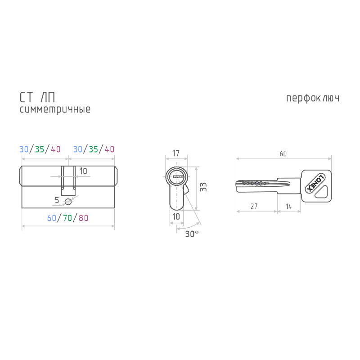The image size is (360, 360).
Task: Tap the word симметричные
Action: pyautogui.click(x=55, y=109)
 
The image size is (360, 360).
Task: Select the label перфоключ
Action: pyautogui.click(x=312, y=98)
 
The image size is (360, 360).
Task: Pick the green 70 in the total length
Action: pyautogui.click(x=67, y=218)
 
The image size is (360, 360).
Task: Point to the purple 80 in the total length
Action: pyautogui.click(x=83, y=218)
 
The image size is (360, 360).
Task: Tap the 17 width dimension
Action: pyautogui.click(x=176, y=153)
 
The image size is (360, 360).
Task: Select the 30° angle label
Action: pyautogui.click(x=192, y=234)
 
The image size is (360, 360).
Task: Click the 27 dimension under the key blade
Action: pyautogui.click(x=254, y=207)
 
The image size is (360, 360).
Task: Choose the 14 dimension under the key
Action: pyautogui.click(x=288, y=207)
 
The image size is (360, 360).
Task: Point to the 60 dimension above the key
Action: pyautogui.click(x=283, y=154)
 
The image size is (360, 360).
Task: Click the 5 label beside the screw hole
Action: pyautogui.click(x=57, y=199)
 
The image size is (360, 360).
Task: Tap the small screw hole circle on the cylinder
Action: pyautogui.click(x=68, y=201)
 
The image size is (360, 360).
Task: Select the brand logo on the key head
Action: pyautogui.click(x=315, y=182)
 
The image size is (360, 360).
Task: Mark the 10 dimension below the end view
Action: pyautogui.click(x=176, y=216)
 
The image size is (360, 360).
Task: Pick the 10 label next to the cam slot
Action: pyautogui.click(x=83, y=171)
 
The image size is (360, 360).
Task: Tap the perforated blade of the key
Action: pyautogui.click(x=254, y=183)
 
